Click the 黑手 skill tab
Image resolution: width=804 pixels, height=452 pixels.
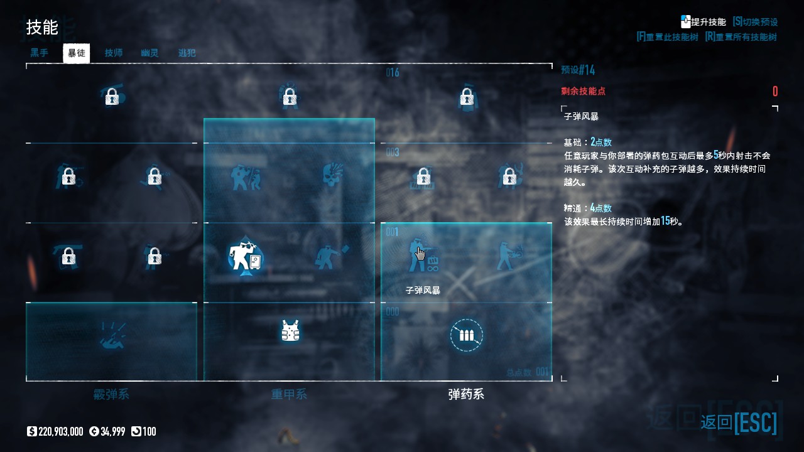[x=40, y=53]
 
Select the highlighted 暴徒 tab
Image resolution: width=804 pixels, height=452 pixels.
[x=77, y=53]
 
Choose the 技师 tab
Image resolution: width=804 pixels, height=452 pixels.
[x=114, y=53]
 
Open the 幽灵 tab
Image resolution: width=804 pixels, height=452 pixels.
[x=149, y=53]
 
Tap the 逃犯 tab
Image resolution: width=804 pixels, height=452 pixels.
[x=187, y=53]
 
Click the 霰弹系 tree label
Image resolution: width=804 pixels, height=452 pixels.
[x=111, y=395]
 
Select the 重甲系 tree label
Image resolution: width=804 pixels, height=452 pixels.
[x=289, y=395]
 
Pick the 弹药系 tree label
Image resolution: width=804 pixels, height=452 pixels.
[x=466, y=395]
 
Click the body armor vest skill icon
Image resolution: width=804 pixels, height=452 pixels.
[x=290, y=331]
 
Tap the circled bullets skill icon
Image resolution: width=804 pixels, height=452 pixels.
[x=466, y=335]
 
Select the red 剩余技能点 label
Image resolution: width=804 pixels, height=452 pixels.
[x=583, y=92]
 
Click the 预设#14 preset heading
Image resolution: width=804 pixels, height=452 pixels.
[x=578, y=70]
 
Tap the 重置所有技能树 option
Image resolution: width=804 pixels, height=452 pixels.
[x=741, y=37]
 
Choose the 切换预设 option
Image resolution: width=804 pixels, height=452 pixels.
[x=755, y=22]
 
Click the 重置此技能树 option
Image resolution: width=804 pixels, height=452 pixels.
[x=668, y=37]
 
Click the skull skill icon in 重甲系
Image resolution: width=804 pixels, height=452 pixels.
[x=332, y=176]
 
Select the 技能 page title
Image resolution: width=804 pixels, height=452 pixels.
[x=42, y=28]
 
